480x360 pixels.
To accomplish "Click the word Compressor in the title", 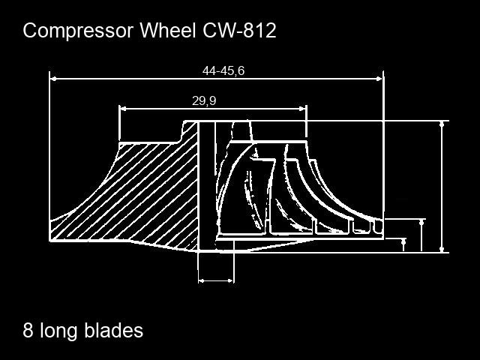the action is pyautogui.click(x=78, y=31).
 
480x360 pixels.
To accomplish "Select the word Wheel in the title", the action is pyautogui.click(x=168, y=30).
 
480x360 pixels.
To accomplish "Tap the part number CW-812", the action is pyautogui.click(x=239, y=31).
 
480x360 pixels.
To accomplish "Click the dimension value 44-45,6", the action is pyautogui.click(x=223, y=71).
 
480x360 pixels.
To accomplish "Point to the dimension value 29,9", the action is pyautogui.click(x=204, y=100).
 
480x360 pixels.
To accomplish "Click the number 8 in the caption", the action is pyautogui.click(x=28, y=331).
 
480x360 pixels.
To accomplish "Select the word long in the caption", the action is pyautogui.click(x=58, y=332).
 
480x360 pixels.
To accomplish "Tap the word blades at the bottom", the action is pyautogui.click(x=114, y=331).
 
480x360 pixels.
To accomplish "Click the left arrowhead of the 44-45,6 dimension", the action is pyautogui.click(x=53, y=79).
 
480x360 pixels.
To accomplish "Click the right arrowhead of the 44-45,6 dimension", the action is pyautogui.click(x=379, y=79).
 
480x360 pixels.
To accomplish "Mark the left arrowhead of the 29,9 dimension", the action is pyautogui.click(x=122, y=108).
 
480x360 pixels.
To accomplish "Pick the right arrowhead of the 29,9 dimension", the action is pyautogui.click(x=303, y=108).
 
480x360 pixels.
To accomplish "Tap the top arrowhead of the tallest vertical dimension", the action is pyautogui.click(x=442, y=124).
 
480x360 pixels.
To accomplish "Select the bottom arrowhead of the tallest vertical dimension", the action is pyautogui.click(x=442, y=249).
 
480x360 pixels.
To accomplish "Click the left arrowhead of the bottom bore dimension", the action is pyautogui.click(x=202, y=280).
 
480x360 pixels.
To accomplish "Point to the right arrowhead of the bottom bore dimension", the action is pyautogui.click(x=230, y=280).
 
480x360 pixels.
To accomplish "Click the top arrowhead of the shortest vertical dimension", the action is pyautogui.click(x=403, y=241).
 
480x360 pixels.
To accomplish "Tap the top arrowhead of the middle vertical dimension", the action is pyautogui.click(x=421, y=223).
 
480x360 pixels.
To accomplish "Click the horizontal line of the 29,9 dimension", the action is pyautogui.click(x=213, y=108).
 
